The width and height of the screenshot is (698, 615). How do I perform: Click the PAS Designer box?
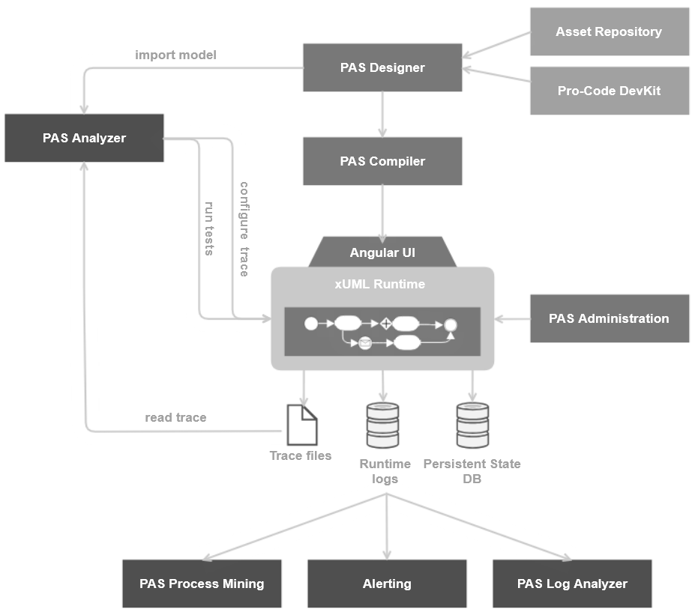click(x=382, y=67)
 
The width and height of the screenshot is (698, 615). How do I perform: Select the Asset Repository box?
click(x=609, y=31)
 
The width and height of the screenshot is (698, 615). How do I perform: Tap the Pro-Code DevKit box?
click(x=609, y=91)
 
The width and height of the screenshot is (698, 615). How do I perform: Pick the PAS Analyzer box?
click(x=84, y=138)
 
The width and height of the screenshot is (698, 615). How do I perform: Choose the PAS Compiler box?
click(x=382, y=161)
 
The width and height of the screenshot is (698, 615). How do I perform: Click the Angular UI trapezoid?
click(x=382, y=252)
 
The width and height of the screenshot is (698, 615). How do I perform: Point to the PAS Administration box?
click(x=609, y=318)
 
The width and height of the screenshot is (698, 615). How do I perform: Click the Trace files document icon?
click(x=303, y=424)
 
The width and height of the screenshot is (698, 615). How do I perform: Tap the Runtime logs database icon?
click(x=382, y=426)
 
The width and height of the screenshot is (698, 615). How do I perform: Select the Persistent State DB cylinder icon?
click(x=472, y=426)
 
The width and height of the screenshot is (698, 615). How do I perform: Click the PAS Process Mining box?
click(x=202, y=584)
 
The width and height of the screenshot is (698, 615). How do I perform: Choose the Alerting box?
click(x=387, y=584)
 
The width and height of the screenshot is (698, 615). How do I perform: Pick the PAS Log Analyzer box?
click(x=572, y=584)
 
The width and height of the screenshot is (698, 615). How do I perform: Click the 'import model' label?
click(x=175, y=55)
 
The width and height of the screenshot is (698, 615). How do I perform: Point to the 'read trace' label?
click(x=175, y=417)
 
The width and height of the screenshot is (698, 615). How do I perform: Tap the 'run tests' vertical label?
click(x=210, y=228)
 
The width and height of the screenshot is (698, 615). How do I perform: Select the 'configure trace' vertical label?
click(x=244, y=229)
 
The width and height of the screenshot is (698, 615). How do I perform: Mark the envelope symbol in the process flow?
click(x=365, y=343)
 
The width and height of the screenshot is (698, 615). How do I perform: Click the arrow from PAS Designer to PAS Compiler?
click(x=383, y=114)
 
